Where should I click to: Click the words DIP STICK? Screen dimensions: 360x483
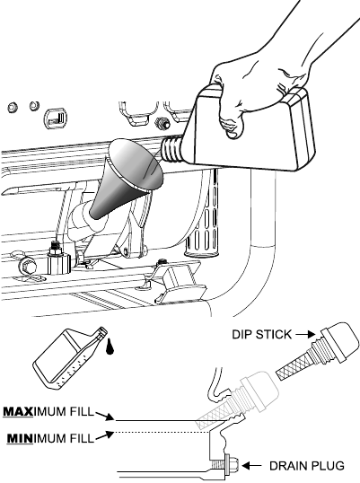coord(261,334)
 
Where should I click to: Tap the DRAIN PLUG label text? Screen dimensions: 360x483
coord(307,466)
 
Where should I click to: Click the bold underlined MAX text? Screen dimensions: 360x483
coord(18,411)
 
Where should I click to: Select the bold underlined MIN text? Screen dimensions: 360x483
coord(20,438)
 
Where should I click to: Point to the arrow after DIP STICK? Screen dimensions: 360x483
coord(306,334)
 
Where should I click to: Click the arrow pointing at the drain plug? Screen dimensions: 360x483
coord(252,466)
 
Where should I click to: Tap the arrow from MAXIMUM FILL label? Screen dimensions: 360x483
coord(104,416)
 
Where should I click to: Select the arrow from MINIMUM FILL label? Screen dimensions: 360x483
coord(104,435)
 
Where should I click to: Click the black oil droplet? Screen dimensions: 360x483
coord(109,347)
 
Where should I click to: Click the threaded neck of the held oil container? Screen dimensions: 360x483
coord(172,149)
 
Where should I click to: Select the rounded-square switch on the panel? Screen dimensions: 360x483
coord(56,119)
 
